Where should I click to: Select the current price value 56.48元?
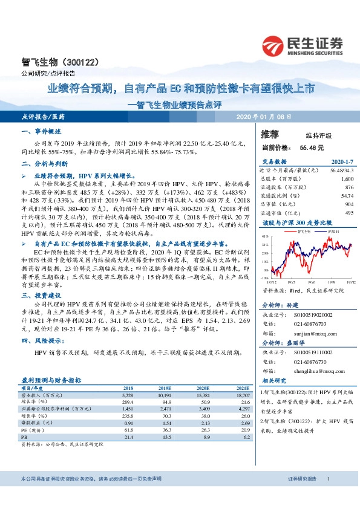click(x=311, y=147)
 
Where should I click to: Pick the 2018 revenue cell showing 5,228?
click(x=128, y=394)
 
